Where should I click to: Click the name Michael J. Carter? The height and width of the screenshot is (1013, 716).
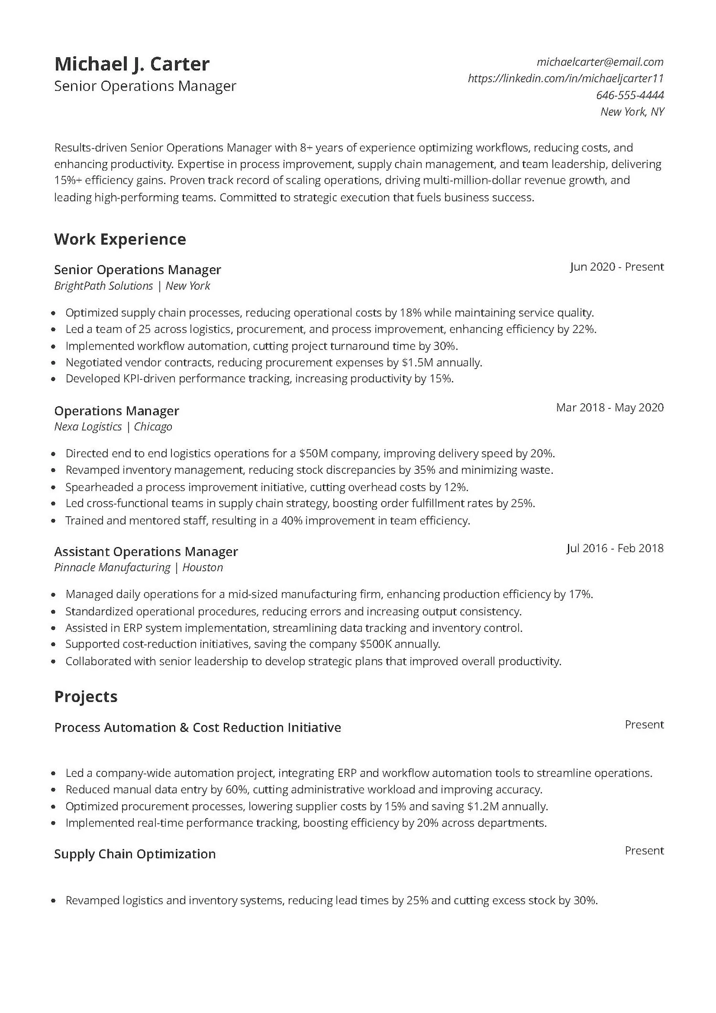point(132,64)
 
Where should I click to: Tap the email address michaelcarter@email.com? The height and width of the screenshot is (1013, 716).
point(600,62)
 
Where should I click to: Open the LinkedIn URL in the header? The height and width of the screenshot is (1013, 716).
point(566,78)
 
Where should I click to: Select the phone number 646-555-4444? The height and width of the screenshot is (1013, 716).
point(630,95)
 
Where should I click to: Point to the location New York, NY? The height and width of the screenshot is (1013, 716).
point(632,112)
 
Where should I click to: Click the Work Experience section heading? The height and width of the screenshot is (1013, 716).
point(120,239)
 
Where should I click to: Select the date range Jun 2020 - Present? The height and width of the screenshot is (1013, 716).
point(617,267)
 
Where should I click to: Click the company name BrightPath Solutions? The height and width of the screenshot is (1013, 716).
point(104,286)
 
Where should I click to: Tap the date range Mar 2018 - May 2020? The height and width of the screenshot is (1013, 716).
point(610,407)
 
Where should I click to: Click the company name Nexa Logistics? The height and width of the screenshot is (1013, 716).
point(88,427)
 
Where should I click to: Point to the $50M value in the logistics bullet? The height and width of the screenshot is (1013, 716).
point(313,453)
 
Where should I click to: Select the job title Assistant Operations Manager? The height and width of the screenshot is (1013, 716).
point(146,551)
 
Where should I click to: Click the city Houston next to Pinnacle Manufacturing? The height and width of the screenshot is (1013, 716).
point(202,567)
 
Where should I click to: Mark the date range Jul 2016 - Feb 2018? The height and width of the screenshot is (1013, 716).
point(615,548)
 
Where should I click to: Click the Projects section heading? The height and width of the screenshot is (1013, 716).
point(86,696)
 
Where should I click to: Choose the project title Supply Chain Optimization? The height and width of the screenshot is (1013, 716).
point(135,853)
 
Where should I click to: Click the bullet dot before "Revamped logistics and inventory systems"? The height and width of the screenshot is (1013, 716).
point(54,901)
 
